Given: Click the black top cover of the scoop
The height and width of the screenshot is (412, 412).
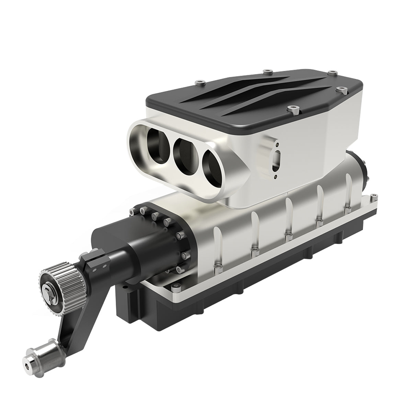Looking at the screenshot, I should click(254, 100).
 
